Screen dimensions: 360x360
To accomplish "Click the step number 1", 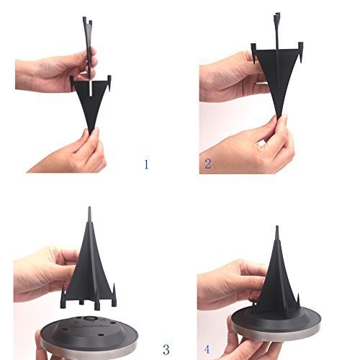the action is pos(146,164).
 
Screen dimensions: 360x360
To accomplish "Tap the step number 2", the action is pos(207,163).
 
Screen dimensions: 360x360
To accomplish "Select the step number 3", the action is pos(166,349).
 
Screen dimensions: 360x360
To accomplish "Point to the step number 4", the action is pos(207,349).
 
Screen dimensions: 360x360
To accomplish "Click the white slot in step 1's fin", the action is pos(91,89).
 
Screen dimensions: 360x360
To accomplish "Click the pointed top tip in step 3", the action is pos(89,207).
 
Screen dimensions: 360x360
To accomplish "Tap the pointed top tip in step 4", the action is pos(277,227).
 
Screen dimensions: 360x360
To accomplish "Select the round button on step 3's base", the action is pos(91,318).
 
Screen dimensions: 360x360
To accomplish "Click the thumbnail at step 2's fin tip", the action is pos(284,118).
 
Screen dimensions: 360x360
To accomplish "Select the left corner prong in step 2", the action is pos(253,53).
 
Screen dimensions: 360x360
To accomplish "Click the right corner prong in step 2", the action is pos(301,52).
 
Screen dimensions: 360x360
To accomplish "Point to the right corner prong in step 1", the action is pos(109,84).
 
